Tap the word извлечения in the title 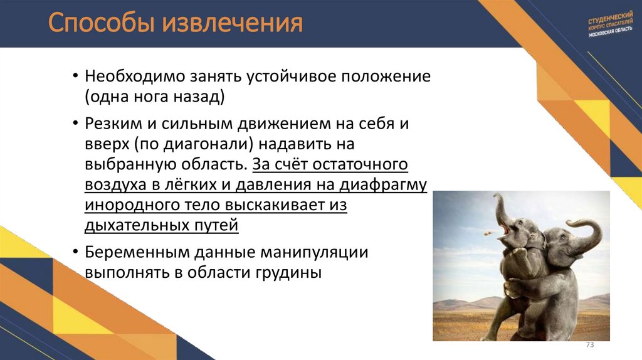click(x=233, y=24)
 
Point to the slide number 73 click(x=589, y=346)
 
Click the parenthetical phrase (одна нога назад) click(x=155, y=98)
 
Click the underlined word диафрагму click(x=383, y=185)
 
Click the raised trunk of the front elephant click(x=499, y=210)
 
